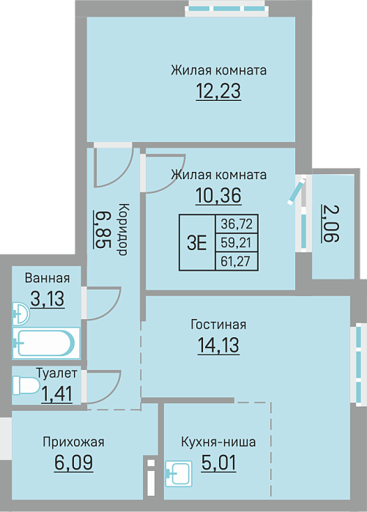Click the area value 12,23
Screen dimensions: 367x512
[218, 91]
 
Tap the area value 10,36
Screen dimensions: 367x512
[218, 195]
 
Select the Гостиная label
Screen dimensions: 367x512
[218, 325]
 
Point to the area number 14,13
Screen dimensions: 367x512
[218, 345]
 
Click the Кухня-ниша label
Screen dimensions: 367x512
[218, 442]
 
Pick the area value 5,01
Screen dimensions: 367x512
[219, 463]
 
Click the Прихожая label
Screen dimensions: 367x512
[73, 442]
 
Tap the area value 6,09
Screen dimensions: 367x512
[73, 463]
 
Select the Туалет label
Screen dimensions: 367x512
[56, 373]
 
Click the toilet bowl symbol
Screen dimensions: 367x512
[26, 385]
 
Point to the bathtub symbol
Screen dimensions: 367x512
[46, 343]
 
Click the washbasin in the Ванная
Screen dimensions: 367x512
[21, 314]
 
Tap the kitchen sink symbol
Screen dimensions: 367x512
[179, 473]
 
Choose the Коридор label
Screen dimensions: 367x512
[122, 229]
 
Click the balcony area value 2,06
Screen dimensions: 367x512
[330, 224]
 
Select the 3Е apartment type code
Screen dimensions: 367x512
[197, 243]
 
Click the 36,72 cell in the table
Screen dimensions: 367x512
[237, 224]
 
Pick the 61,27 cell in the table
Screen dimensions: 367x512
[237, 261]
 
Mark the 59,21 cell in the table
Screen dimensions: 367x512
[237, 243]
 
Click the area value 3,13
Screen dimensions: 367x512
[48, 298]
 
